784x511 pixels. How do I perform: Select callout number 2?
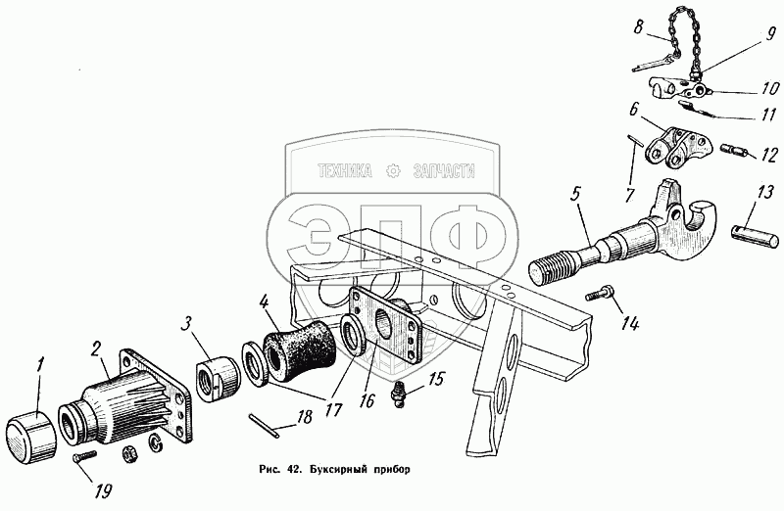(96, 349)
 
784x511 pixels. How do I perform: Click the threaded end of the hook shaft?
(555, 268)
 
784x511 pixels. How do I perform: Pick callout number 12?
(770, 155)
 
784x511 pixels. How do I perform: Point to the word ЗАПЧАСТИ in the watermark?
(444, 171)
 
